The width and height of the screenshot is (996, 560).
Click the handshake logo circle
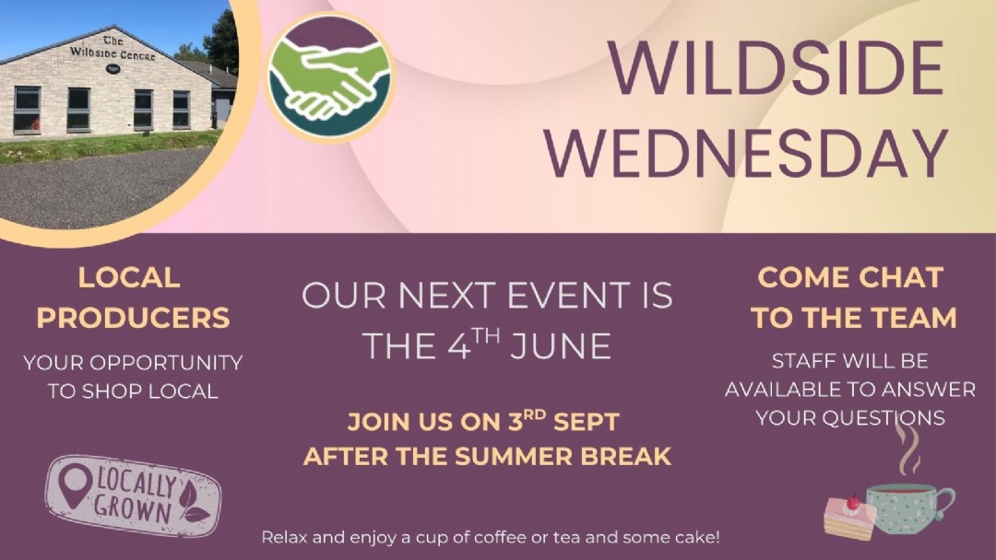tap(329, 77)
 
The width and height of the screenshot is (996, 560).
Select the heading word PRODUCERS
tap(133, 318)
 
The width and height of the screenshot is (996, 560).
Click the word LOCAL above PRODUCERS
tap(129, 278)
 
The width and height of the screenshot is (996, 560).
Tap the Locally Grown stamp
tap(134, 496)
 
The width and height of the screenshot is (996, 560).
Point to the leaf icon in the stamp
tap(192, 502)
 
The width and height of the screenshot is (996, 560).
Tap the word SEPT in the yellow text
tap(586, 423)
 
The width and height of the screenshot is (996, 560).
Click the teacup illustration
tap(909, 508)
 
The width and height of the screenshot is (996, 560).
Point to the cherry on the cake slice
tap(852, 503)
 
